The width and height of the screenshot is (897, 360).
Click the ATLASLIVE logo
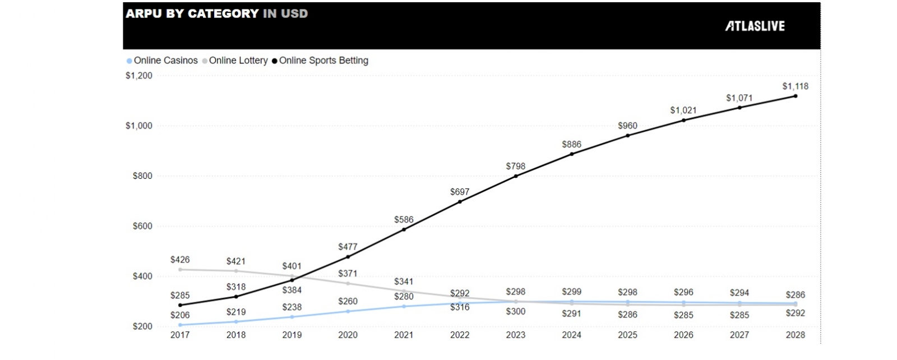[755, 26]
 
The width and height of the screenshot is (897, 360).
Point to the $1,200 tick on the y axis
[139, 76]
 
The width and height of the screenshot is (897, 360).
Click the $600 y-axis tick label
[142, 226]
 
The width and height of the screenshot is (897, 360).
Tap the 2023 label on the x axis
[516, 335]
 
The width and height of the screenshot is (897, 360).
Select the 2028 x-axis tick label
[795, 335]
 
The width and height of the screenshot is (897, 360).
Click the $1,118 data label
[795, 86]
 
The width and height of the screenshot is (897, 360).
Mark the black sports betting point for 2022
[460, 201]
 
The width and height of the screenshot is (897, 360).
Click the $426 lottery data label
[180, 260]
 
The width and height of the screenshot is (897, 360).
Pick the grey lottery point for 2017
[180, 269]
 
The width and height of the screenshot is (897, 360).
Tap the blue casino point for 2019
[292, 317]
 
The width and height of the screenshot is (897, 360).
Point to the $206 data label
[180, 315]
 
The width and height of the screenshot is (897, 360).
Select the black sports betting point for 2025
[627, 136]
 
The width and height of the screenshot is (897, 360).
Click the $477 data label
[348, 247]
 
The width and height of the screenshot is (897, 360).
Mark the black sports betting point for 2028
[795, 96]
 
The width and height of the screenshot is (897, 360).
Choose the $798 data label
[516, 167]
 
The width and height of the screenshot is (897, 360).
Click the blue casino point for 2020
[348, 311]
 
